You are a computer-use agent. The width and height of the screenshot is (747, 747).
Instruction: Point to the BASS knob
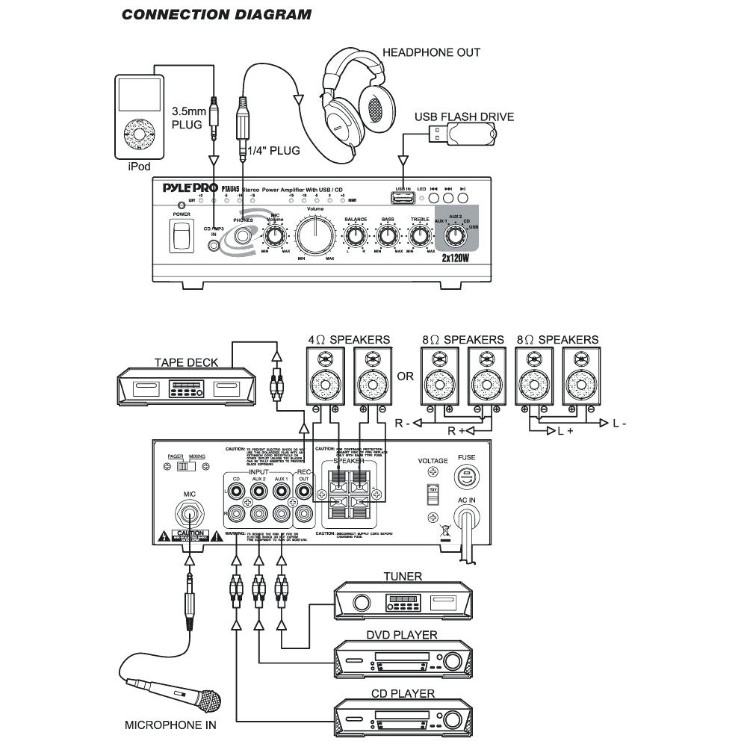click(x=388, y=236)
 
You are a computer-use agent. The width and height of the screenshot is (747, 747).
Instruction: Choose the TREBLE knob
click(x=418, y=236)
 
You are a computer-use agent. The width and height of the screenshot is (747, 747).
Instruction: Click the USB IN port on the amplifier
click(x=403, y=198)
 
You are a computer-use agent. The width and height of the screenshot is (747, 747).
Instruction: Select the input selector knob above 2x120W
click(x=453, y=236)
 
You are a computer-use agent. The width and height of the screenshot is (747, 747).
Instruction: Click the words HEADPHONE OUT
click(x=431, y=52)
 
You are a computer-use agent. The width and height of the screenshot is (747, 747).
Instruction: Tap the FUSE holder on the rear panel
click(x=466, y=475)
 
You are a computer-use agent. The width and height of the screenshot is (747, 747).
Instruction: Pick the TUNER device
click(x=402, y=601)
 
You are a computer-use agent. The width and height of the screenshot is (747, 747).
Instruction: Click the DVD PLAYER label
click(x=402, y=635)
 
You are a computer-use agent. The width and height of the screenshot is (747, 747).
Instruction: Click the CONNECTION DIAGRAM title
click(x=217, y=14)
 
